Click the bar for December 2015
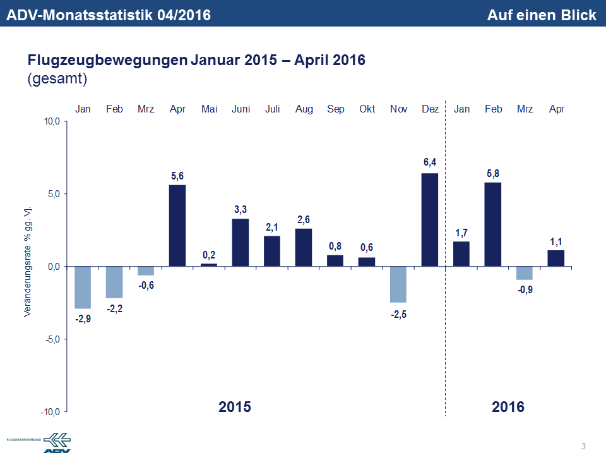(430, 219)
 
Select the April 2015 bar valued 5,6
(177, 225)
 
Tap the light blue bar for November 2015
(398, 284)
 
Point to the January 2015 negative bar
(83, 288)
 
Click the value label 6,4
(430, 162)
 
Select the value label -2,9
(83, 319)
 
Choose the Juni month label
(241, 109)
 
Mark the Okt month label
(367, 109)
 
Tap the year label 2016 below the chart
(508, 406)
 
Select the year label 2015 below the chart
(235, 406)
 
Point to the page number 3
(583, 447)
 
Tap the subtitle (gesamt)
(57, 79)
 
